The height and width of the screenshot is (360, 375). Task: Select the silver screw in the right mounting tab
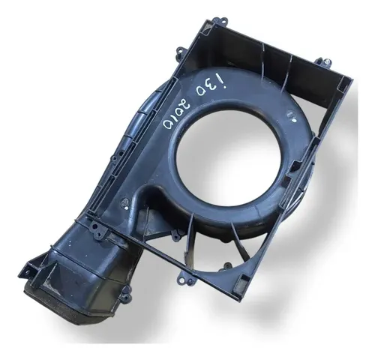[327, 61]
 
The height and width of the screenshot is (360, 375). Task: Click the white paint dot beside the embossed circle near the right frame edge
[294, 120]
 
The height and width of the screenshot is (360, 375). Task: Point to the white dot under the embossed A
[127, 208]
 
